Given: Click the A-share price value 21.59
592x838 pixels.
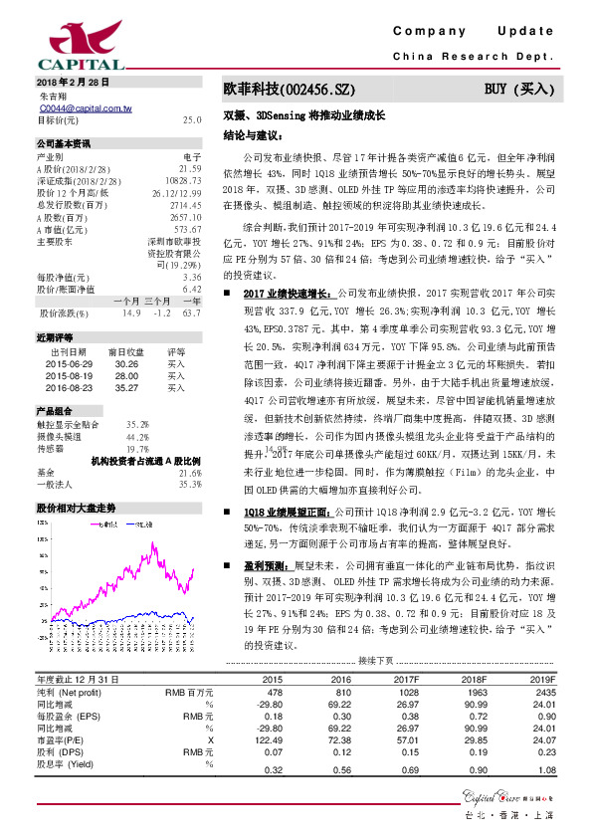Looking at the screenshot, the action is [x=189, y=169].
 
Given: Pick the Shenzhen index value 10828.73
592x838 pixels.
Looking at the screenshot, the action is [x=183, y=181].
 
